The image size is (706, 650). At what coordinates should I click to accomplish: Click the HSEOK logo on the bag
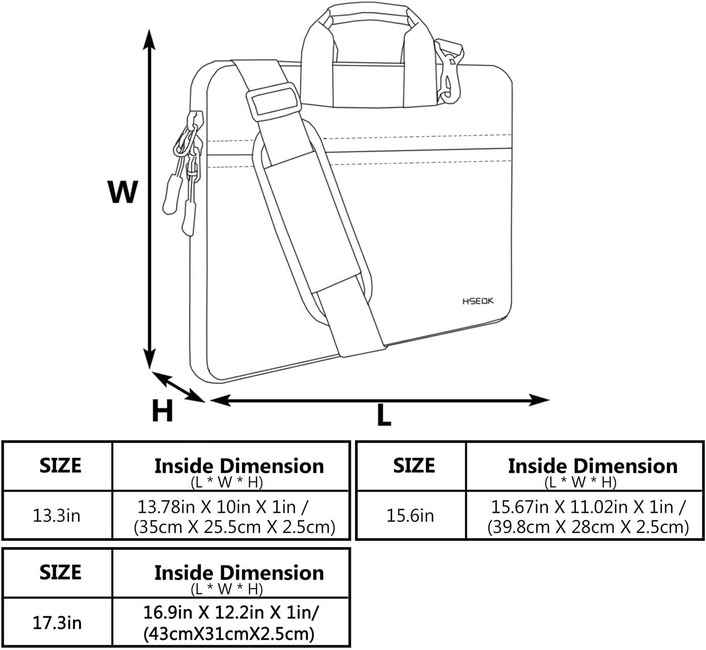478,301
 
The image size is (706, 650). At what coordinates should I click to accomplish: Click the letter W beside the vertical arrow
122,192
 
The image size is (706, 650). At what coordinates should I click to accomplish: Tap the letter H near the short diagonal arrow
162,411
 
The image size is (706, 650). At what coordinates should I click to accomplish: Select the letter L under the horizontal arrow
384,415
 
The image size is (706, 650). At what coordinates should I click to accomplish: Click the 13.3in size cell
56,516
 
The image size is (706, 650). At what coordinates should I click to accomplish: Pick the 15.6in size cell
410,516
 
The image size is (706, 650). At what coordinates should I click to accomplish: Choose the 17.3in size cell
57,622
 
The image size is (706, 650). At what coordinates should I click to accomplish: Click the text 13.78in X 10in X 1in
223,507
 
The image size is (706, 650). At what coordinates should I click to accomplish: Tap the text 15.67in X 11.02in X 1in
588,507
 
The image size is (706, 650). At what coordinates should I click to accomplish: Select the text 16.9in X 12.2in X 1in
231,612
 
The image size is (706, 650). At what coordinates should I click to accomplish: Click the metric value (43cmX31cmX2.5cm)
229,633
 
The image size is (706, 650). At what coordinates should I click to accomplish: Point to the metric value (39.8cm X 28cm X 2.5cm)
588,527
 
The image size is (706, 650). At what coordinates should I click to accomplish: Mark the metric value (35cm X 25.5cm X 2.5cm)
235,527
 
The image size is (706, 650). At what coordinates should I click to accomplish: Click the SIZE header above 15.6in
414,465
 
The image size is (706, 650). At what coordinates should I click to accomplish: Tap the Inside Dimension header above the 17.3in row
239,573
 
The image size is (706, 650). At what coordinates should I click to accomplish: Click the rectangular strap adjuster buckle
273,101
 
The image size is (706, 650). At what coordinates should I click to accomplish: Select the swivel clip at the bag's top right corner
448,71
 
